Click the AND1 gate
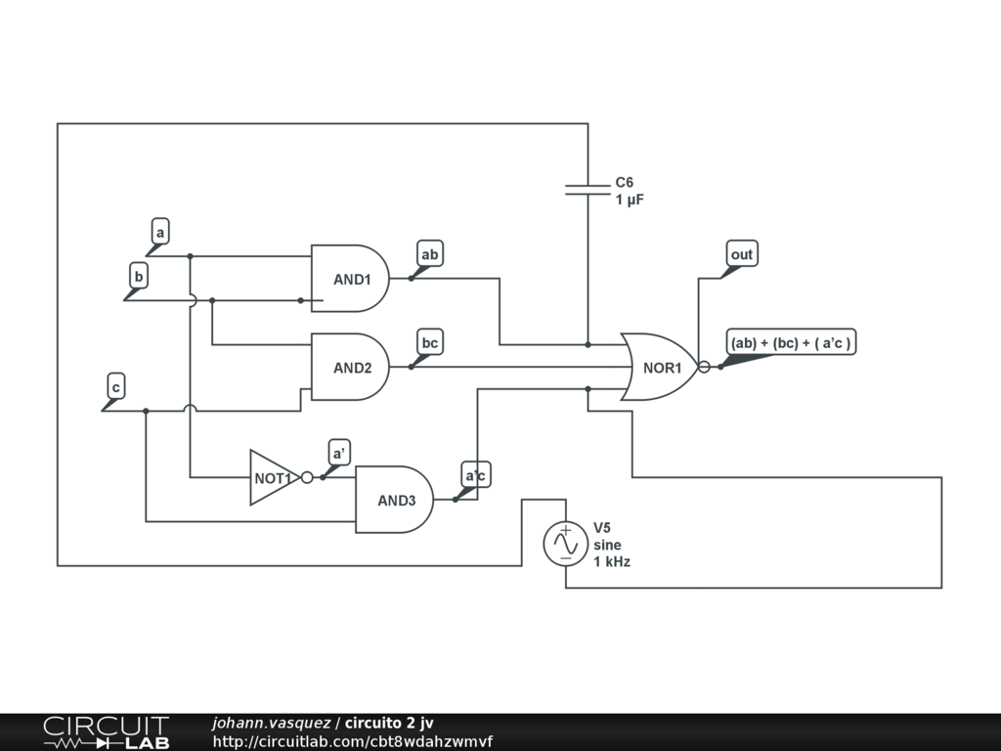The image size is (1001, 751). coord(350,279)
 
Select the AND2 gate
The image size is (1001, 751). coord(350,368)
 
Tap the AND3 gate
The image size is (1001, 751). coord(395,500)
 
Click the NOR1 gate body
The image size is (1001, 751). coord(660,368)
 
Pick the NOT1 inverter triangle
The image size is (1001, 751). coord(274,477)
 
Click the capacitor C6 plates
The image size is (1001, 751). coord(588,189)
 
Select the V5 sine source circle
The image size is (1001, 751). coord(566,544)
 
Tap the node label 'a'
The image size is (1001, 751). coord(160,232)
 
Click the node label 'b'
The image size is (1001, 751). coord(139,277)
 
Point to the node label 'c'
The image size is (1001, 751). coord(116,387)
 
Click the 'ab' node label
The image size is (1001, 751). coord(430,254)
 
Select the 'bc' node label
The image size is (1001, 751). coord(430,342)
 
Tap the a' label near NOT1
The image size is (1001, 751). coord(339,453)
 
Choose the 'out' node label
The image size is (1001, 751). coord(742,254)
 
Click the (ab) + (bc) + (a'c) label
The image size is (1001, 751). coord(791,342)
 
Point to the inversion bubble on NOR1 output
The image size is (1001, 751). coord(704,368)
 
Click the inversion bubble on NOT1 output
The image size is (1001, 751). coord(307,477)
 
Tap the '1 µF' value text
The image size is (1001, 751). coord(630,199)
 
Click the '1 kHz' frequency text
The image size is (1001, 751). coord(612,562)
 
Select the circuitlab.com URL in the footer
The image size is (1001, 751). coord(352,741)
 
